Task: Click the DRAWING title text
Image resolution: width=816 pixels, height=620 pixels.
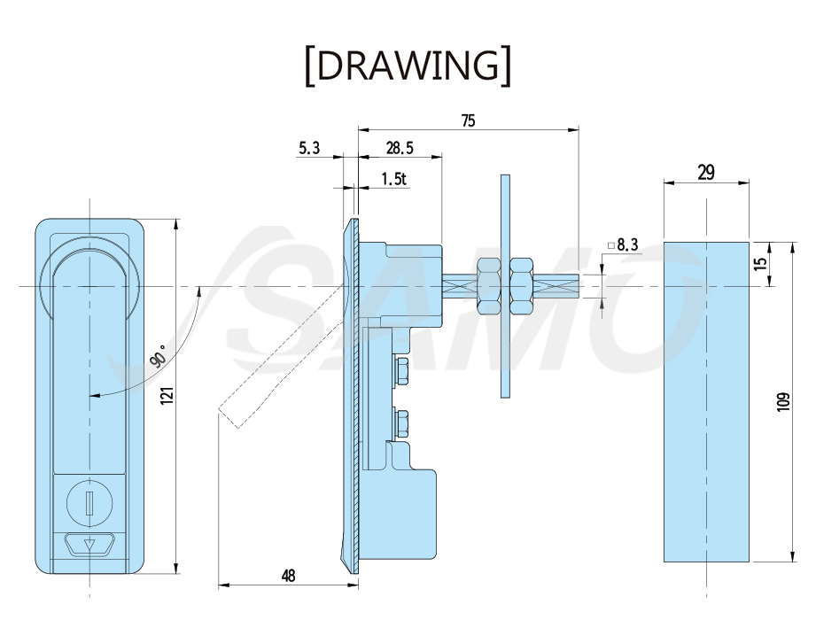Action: (408, 66)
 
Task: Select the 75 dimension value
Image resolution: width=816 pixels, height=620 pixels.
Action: (468, 120)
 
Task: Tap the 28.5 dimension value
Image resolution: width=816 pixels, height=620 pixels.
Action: (400, 148)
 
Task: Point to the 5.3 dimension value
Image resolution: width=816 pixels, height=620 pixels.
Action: (309, 148)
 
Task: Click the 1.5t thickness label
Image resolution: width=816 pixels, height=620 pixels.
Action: (393, 179)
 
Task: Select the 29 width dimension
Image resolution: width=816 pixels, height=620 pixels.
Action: (705, 172)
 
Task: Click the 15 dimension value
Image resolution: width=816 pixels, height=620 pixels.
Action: (760, 263)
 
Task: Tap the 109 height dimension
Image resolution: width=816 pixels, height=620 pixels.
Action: (783, 402)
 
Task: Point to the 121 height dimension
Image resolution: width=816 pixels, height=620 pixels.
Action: (167, 396)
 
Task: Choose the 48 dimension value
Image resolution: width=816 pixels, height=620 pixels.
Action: (288, 576)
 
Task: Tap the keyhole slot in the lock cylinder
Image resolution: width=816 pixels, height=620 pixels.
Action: (89, 502)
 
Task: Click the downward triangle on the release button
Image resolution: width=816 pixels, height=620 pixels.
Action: (89, 545)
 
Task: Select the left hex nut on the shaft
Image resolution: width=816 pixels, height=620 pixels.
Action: (488, 286)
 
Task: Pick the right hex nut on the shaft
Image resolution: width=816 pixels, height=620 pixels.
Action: (521, 286)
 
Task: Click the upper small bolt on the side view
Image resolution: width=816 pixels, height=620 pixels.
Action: (401, 371)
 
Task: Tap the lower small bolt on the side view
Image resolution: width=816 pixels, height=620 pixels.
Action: (401, 425)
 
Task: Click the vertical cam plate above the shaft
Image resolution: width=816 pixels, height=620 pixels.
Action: (505, 286)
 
